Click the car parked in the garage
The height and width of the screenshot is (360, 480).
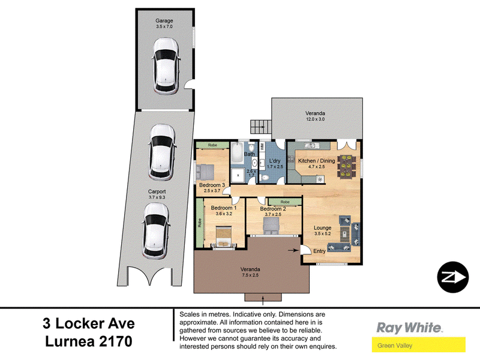point(166,65)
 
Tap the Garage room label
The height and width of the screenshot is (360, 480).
point(164,20)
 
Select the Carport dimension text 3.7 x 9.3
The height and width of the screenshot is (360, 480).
point(157,197)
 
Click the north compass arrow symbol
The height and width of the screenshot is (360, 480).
point(452,277)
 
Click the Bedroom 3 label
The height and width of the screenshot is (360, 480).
point(212,185)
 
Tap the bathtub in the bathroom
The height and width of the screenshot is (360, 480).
point(237,153)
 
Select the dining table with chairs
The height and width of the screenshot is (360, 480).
point(346,166)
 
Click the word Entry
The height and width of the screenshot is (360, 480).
point(319,251)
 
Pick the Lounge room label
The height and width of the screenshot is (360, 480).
point(322,228)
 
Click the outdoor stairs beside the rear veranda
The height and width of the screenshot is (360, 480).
point(261,127)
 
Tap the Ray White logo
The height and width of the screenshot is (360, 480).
point(409,328)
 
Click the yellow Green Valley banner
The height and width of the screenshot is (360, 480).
point(418,344)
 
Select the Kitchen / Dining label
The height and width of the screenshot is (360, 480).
point(317,161)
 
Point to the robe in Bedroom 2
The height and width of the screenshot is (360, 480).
point(285,202)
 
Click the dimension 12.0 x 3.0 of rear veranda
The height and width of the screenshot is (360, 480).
point(316,119)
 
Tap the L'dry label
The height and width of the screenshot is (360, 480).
point(275,161)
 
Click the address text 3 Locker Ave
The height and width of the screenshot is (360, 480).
point(89,323)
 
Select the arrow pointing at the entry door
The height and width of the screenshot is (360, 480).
point(293,250)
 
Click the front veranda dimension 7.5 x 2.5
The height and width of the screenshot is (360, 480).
point(250,275)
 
